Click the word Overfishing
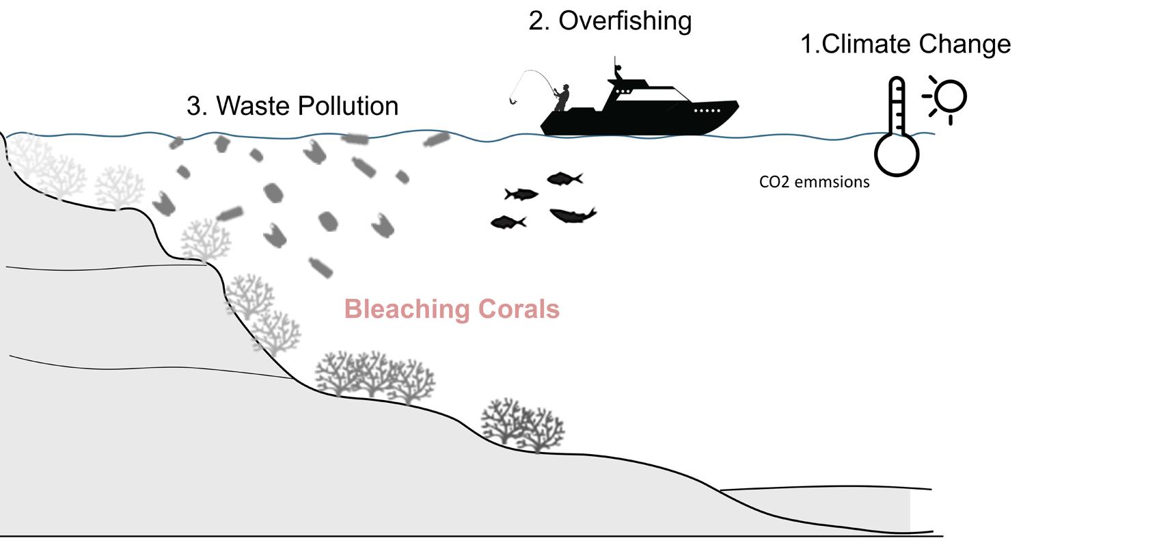[x=625, y=21]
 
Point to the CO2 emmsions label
[x=814, y=182]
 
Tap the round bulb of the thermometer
[x=897, y=154]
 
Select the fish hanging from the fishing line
[x=513, y=101]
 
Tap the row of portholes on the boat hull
[x=707, y=110]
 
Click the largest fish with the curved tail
[x=572, y=215]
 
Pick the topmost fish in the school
[x=564, y=179]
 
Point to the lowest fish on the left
[x=508, y=222]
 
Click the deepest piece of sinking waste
[x=321, y=267]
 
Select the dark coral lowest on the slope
[x=523, y=424]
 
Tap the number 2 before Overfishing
[x=536, y=21]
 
